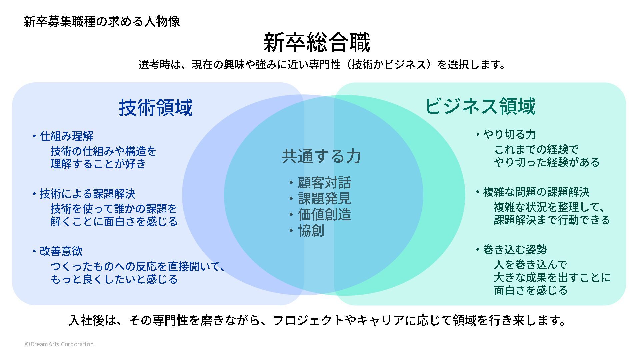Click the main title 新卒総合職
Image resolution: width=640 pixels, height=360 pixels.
click(x=317, y=42)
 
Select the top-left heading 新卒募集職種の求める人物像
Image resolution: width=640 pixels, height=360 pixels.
click(x=102, y=22)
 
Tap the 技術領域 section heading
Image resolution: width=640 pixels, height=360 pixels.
click(x=156, y=108)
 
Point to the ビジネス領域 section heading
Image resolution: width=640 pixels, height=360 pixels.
click(x=480, y=106)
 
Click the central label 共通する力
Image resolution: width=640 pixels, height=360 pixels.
click(x=321, y=156)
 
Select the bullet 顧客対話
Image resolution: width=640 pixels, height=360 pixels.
click(x=324, y=183)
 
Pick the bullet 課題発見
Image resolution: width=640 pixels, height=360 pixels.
click(x=324, y=199)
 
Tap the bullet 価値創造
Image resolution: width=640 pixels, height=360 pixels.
click(x=324, y=215)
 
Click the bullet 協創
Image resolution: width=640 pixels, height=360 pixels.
click(x=311, y=231)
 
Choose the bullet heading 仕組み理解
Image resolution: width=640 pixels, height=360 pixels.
click(x=67, y=136)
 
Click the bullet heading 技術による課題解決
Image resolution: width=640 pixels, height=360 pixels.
click(x=88, y=194)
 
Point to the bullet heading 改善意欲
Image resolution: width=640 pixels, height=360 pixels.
click(x=61, y=251)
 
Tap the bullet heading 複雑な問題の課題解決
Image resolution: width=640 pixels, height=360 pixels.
click(x=536, y=192)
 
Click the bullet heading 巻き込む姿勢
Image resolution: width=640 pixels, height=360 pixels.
click(x=515, y=249)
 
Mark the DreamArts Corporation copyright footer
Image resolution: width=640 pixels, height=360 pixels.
click(x=60, y=344)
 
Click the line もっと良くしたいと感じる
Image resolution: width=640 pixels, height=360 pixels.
click(x=114, y=279)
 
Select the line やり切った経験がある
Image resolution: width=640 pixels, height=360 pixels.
click(x=547, y=162)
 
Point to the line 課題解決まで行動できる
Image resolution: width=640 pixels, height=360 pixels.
click(x=552, y=220)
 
